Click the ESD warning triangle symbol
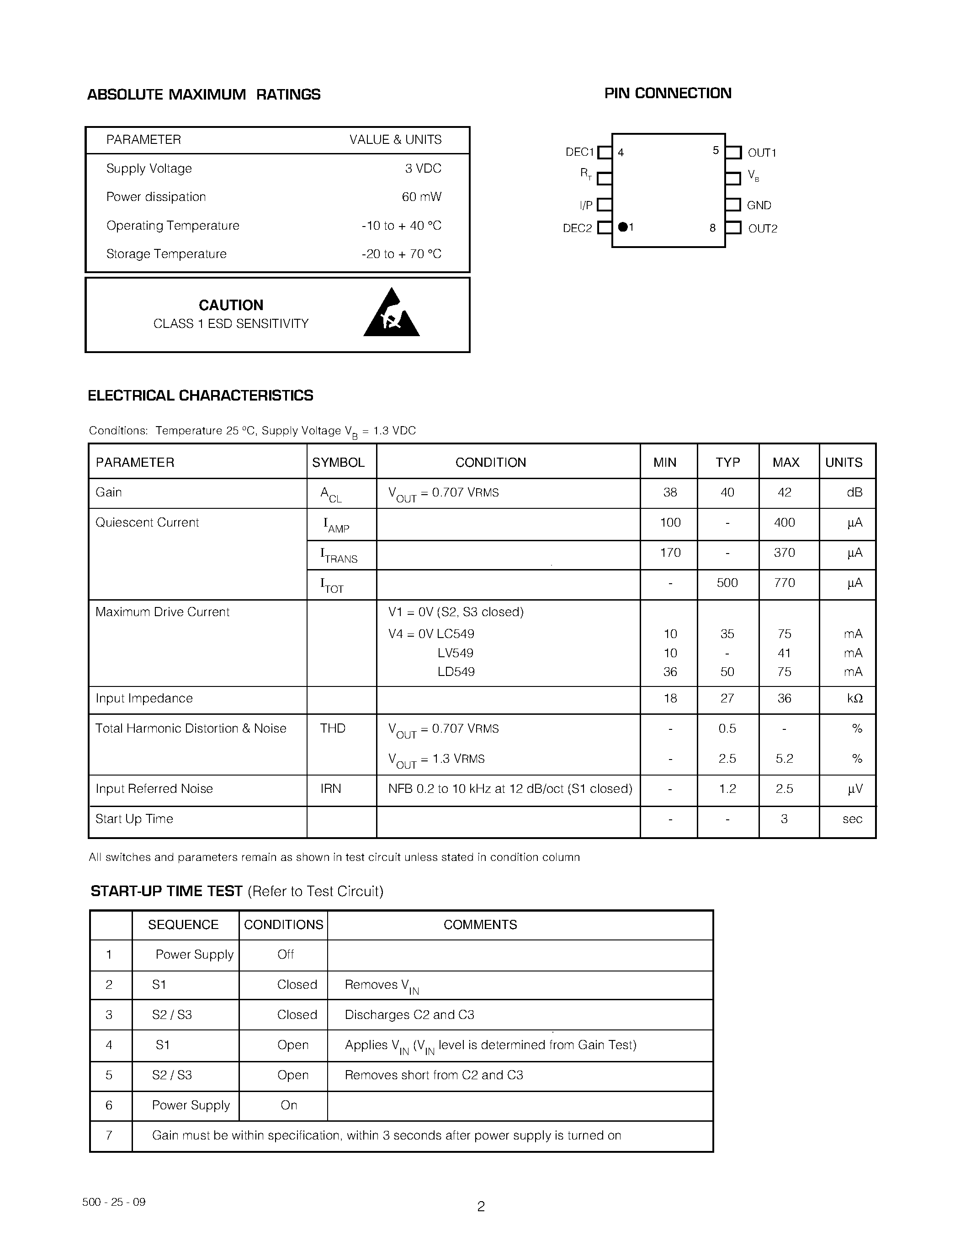392,316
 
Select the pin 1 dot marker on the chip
622,227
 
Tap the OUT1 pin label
762,153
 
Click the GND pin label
759,206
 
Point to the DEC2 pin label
577,228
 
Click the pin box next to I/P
604,205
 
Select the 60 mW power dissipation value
421,197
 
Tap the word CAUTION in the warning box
231,306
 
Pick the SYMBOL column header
338,462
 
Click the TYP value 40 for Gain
727,492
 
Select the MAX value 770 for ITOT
784,583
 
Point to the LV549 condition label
455,653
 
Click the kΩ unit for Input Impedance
854,698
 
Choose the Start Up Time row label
134,818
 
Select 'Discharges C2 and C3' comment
409,1014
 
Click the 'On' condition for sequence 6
289,1105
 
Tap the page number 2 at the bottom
481,1206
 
